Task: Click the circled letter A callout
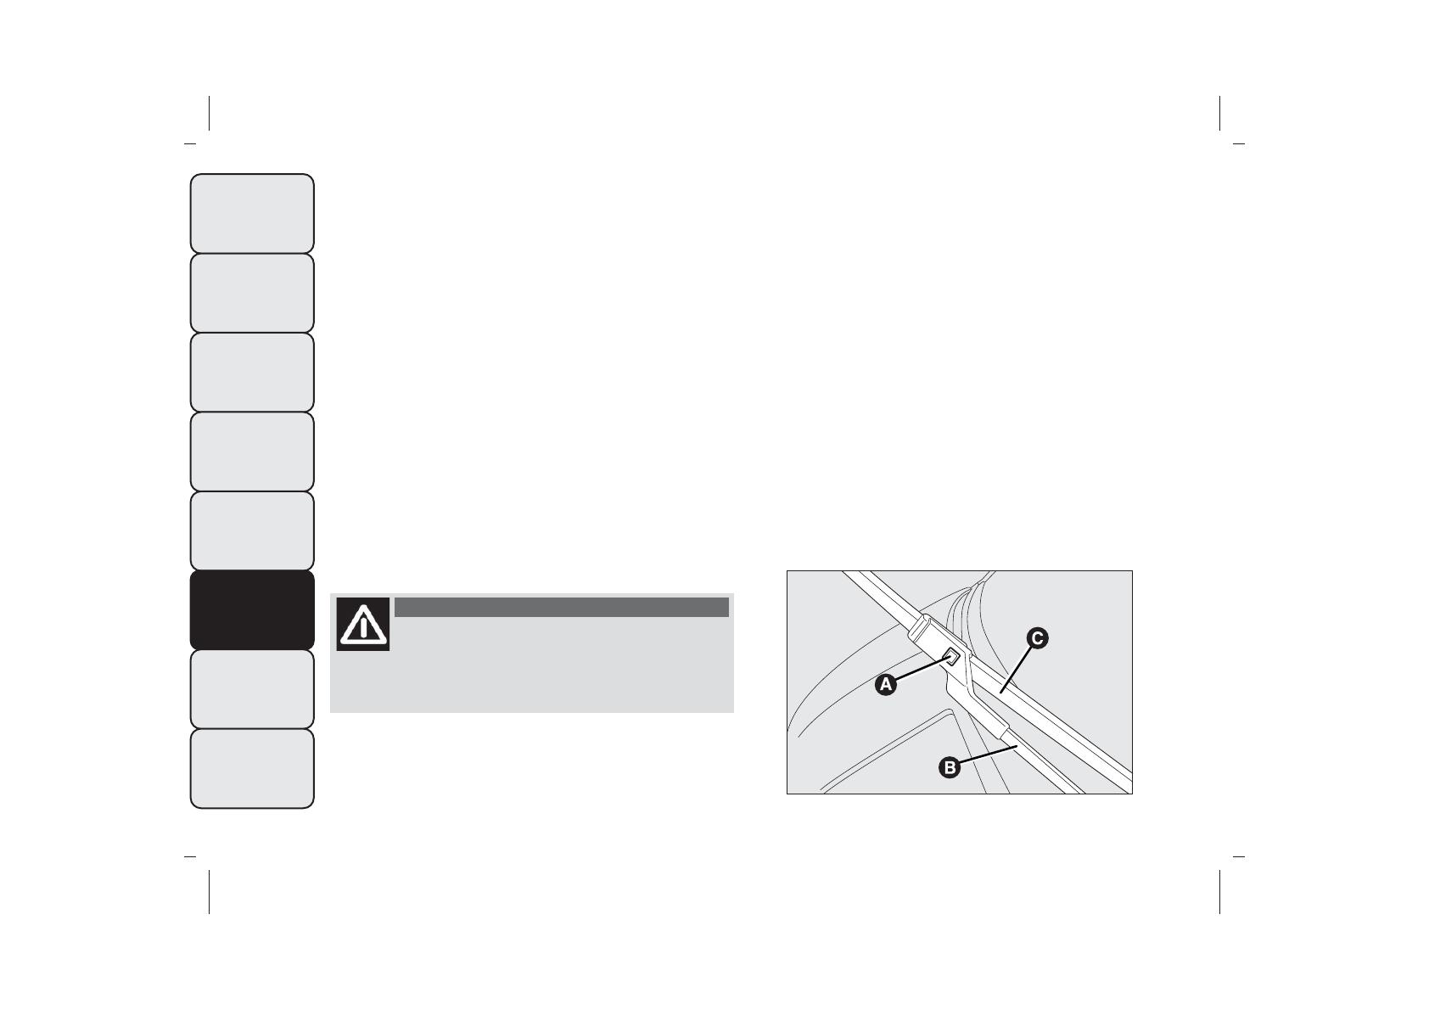[885, 685]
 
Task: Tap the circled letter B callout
[950, 767]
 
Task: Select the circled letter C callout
[1037, 638]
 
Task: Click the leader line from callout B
[989, 755]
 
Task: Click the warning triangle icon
[363, 624]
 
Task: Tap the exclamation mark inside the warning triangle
[363, 628]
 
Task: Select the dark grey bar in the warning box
[562, 608]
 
